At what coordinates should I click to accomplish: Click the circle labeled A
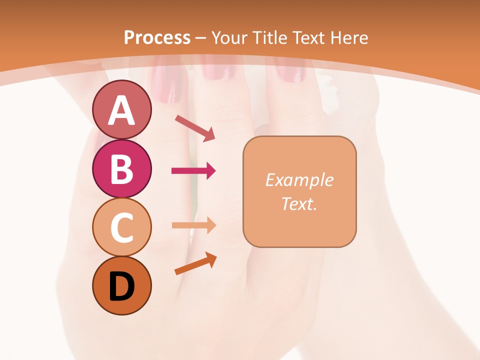[121, 109]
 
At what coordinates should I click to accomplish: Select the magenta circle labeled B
[121, 168]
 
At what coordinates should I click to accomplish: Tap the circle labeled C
[121, 227]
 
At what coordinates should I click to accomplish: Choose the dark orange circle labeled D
[121, 286]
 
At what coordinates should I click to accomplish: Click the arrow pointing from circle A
[195, 127]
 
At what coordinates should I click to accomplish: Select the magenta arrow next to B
[193, 171]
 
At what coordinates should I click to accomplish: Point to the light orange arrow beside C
[193, 225]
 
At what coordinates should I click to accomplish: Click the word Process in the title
[157, 37]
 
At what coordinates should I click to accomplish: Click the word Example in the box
[299, 180]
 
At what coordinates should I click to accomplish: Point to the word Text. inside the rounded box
[299, 203]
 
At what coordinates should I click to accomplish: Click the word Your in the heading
[229, 37]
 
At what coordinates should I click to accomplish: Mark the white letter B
[121, 168]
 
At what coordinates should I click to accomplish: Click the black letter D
[121, 286]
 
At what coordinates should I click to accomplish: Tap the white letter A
[121, 110]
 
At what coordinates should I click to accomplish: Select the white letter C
[121, 227]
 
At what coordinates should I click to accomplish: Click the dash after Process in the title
[201, 38]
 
